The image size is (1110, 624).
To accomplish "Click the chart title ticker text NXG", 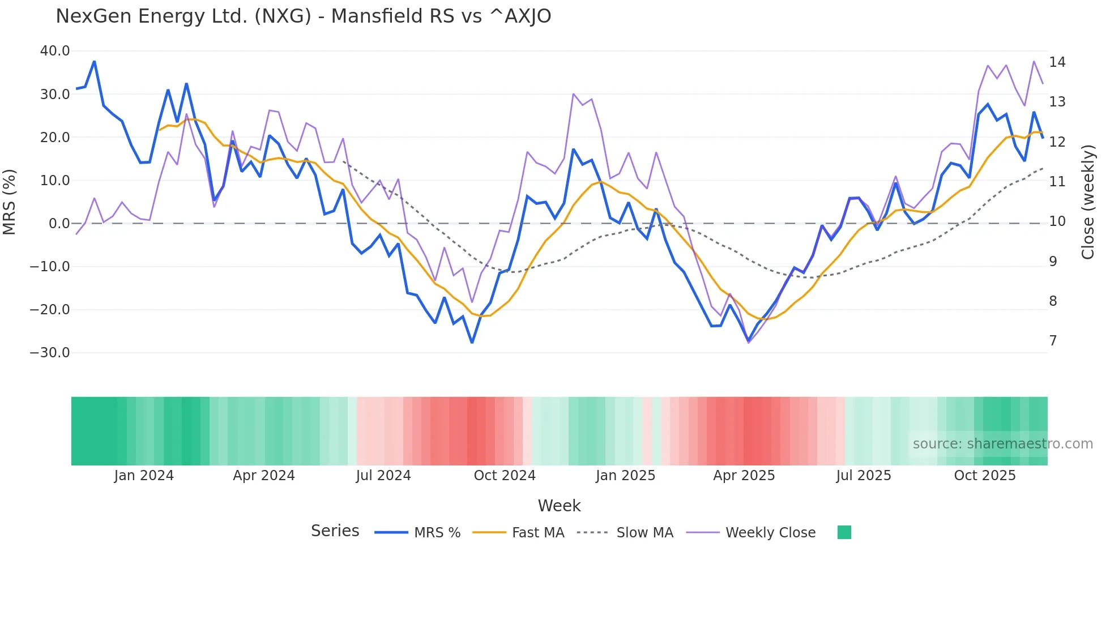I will [x=283, y=16].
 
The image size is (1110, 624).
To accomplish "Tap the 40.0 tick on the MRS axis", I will [x=55, y=51].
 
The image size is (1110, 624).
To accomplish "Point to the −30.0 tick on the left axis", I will [x=50, y=353].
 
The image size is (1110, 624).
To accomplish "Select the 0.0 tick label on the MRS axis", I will [x=59, y=224].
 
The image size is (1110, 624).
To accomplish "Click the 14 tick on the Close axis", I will [x=1057, y=62].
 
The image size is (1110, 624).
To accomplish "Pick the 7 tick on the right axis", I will [x=1053, y=341].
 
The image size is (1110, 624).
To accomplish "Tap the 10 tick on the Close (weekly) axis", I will [x=1057, y=221].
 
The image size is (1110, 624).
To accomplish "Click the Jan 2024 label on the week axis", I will [x=144, y=476].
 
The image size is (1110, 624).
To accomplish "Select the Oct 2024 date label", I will [x=505, y=476].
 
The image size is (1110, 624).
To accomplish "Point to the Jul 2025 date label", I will [x=864, y=476].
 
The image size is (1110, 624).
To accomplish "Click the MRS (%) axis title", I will [x=10, y=202].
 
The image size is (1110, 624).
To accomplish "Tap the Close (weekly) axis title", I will [x=1087, y=202].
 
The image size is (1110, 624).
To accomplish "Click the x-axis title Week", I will [x=559, y=506].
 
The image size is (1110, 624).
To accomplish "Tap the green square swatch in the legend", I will [x=844, y=532].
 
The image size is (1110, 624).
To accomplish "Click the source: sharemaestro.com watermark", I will [x=1002, y=444].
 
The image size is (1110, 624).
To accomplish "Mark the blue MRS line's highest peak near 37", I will [x=94, y=61].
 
